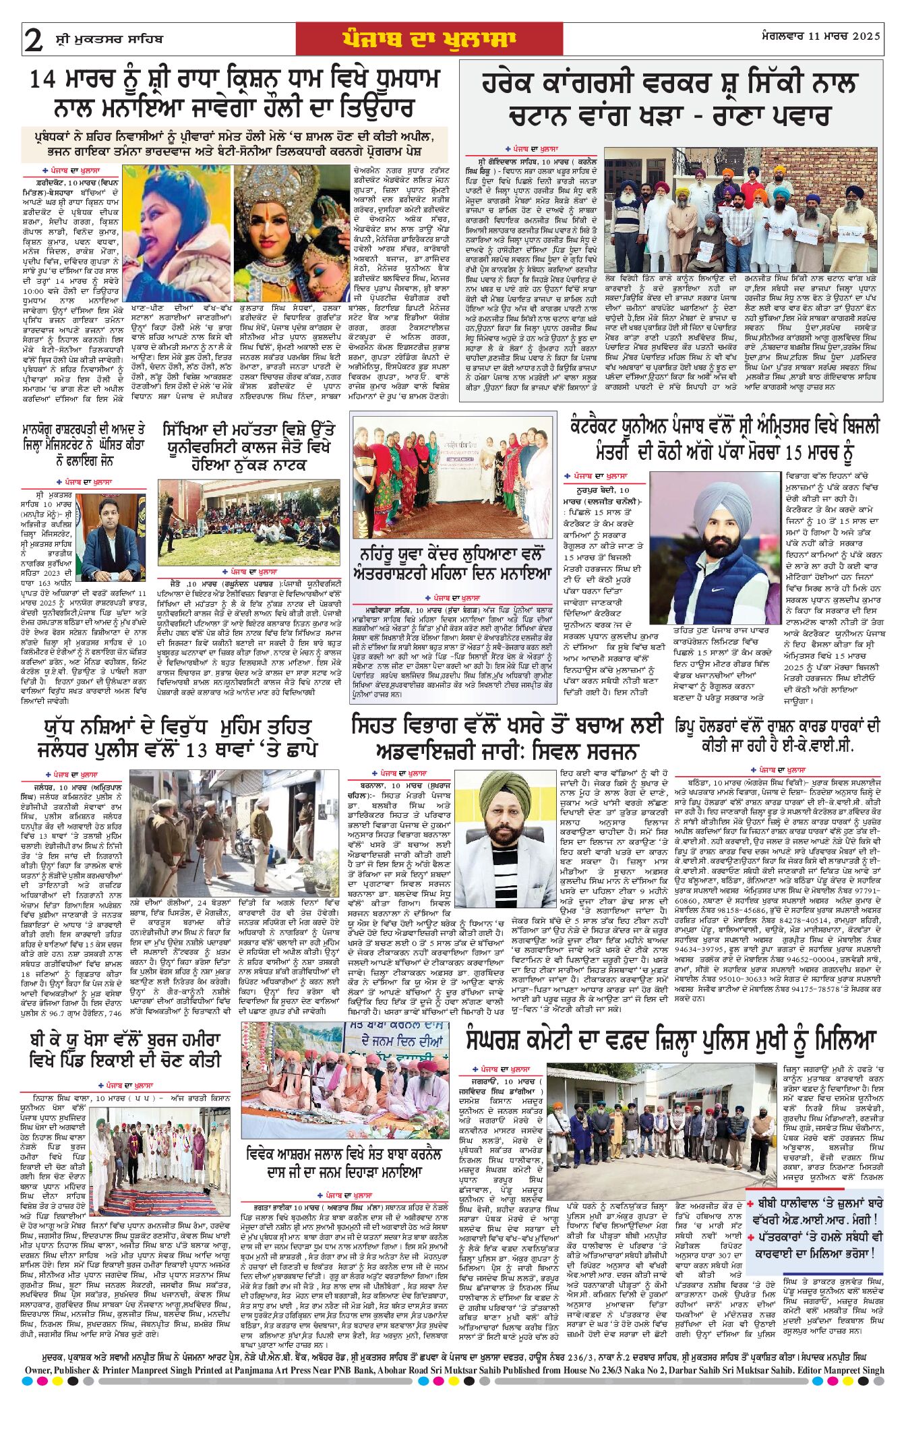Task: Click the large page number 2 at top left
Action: click(33, 40)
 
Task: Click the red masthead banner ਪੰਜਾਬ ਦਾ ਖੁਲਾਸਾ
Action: click(429, 39)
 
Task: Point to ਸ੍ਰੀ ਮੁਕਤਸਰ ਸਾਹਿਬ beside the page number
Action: click(109, 39)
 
